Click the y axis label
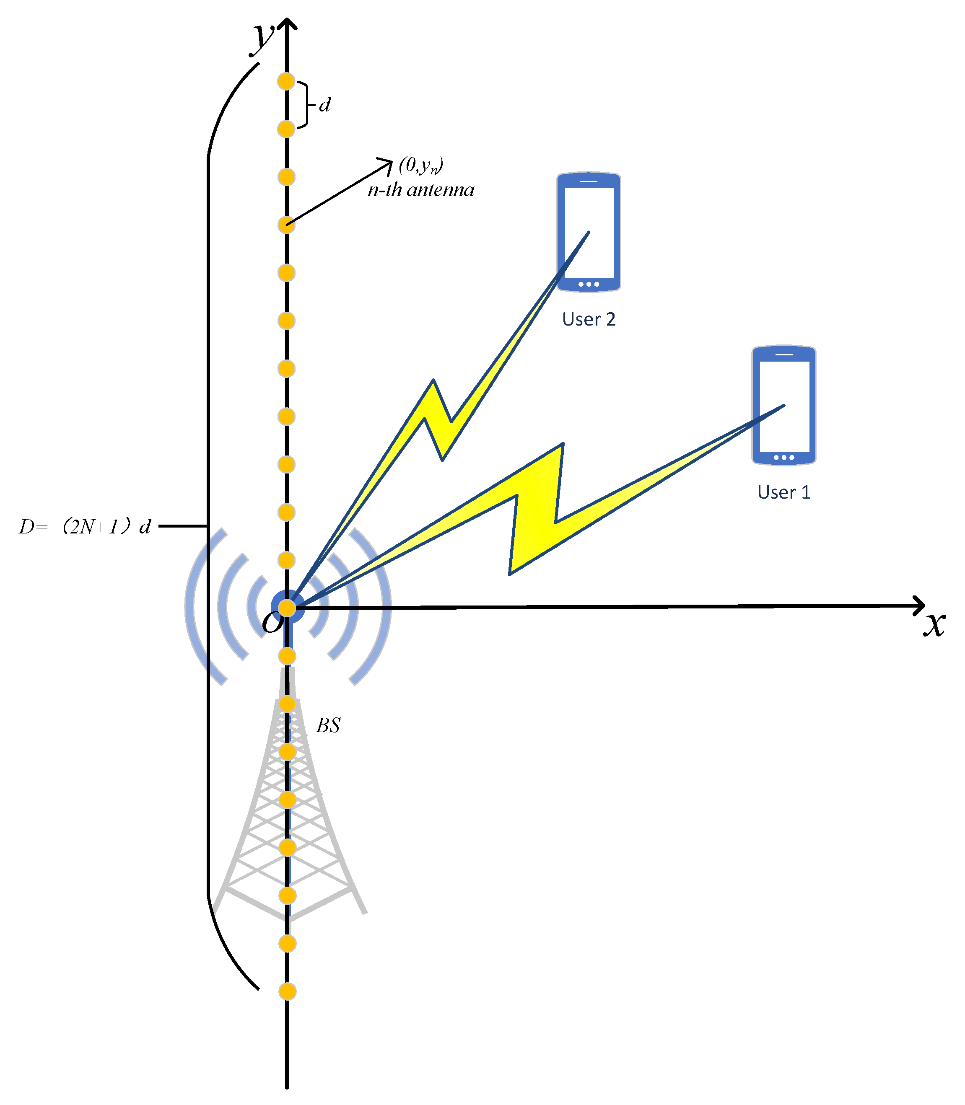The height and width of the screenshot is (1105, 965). [263, 36]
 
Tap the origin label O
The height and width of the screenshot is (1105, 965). [272, 622]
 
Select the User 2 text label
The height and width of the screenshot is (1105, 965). [589, 319]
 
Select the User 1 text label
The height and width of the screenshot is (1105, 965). [783, 492]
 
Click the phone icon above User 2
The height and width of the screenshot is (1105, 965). [589, 232]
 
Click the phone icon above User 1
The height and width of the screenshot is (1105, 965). [783, 405]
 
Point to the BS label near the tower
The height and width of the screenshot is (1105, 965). [328, 725]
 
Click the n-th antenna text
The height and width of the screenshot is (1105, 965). [420, 190]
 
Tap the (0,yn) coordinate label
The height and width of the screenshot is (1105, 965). [420, 165]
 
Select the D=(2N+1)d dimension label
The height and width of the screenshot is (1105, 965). [85, 526]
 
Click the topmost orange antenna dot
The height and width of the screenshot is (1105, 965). [286, 81]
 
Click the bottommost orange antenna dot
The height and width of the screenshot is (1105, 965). [288, 991]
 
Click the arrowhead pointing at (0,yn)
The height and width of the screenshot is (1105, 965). [387, 163]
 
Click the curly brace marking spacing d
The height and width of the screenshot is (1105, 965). [305, 105]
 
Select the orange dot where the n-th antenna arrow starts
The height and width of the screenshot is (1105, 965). [286, 225]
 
